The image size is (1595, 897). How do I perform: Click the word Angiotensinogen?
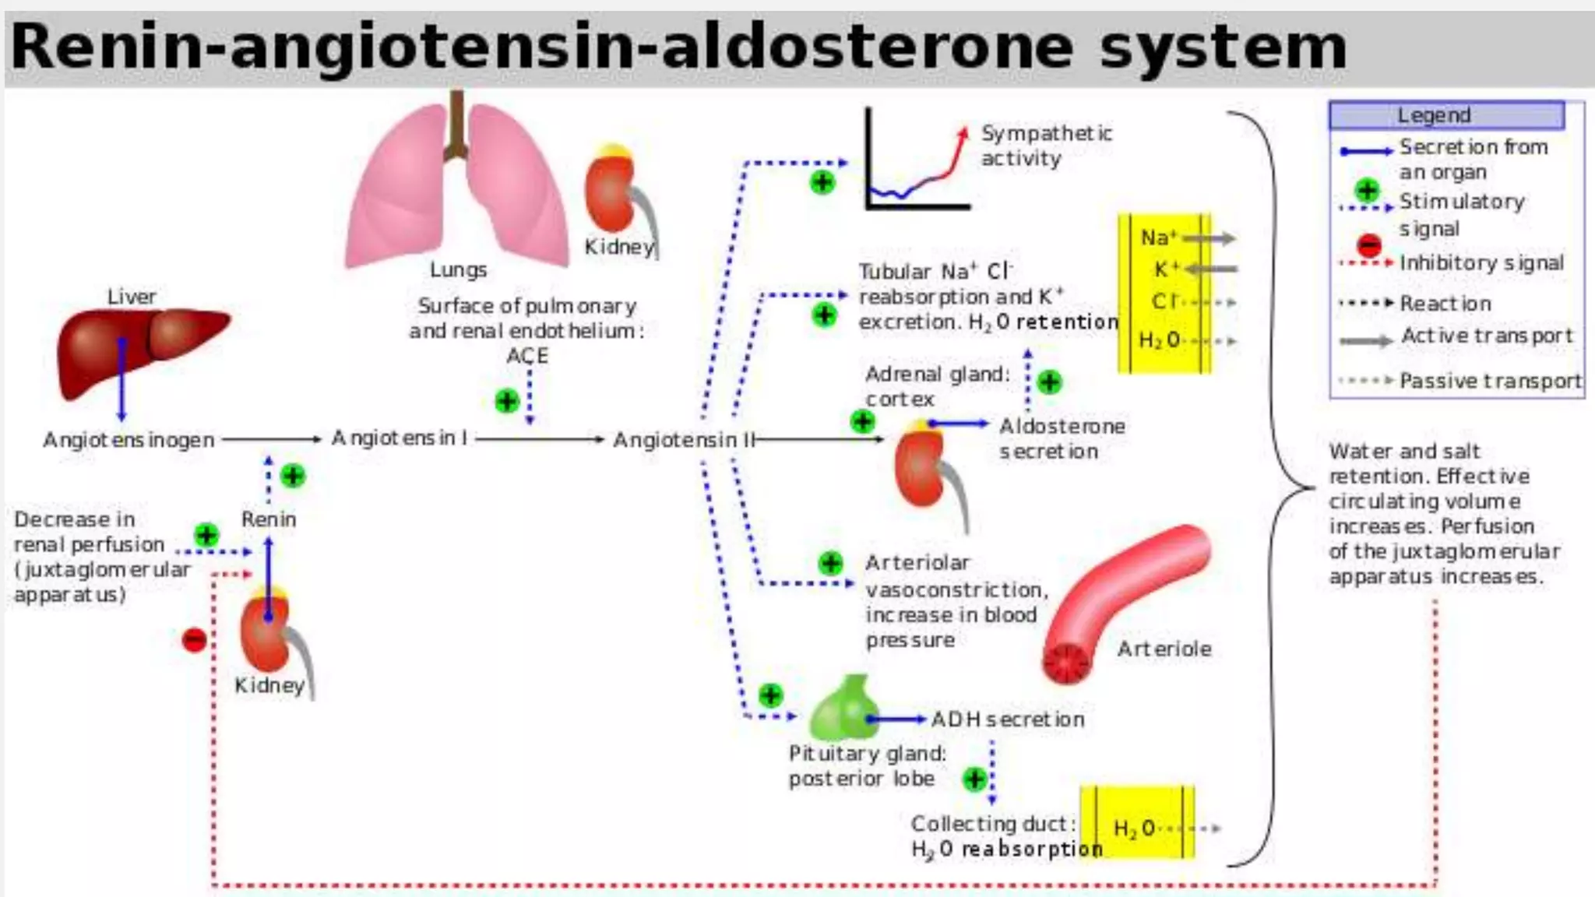click(x=129, y=440)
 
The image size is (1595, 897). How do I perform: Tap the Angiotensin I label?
click(x=400, y=438)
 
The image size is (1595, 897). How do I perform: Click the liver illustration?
click(x=140, y=346)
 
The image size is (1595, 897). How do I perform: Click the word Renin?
click(x=269, y=519)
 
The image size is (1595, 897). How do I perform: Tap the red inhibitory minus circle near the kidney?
click(x=194, y=640)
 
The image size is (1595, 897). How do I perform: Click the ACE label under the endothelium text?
click(x=527, y=356)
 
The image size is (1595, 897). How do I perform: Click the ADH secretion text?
click(x=1008, y=719)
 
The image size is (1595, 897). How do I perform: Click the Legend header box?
click(x=1446, y=115)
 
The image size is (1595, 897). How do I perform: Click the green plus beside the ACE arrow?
click(x=507, y=401)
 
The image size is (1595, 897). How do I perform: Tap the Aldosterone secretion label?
click(x=1061, y=438)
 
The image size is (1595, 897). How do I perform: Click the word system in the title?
click(x=1223, y=47)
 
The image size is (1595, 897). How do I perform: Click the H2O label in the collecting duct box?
click(x=1133, y=828)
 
